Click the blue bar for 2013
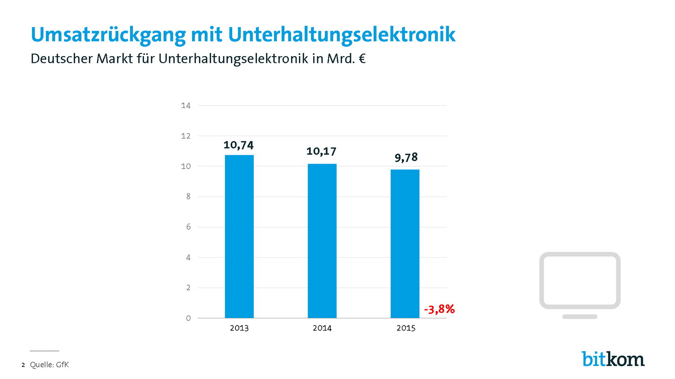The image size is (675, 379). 239,236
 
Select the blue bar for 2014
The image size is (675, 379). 322,241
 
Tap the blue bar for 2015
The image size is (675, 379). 405,244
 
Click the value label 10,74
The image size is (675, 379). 238,145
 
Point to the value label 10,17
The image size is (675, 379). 321,151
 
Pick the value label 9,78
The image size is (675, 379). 406,157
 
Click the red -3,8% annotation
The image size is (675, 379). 439,309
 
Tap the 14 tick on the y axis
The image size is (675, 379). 185,106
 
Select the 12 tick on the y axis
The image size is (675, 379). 185,136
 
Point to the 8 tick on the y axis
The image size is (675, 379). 188,196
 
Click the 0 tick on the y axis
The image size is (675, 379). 188,318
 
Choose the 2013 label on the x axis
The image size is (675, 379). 239,328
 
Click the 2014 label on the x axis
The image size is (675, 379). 322,328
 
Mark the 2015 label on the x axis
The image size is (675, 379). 405,328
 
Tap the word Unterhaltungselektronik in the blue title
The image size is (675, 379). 342,35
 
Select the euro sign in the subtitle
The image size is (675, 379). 362,59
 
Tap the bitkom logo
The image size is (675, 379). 613,359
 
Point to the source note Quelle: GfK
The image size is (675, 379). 49,365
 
